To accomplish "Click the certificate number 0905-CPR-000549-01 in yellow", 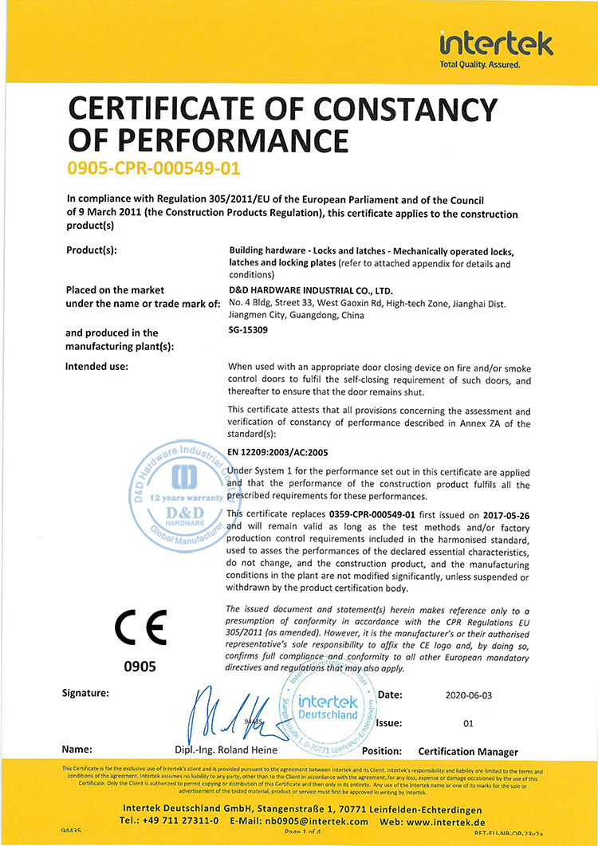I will (x=154, y=169).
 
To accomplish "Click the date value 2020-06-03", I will (x=470, y=695).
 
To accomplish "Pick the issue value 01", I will (x=468, y=724).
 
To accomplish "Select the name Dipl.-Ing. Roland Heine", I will (x=226, y=750).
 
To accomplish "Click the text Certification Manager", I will (x=467, y=751).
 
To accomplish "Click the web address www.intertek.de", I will (x=452, y=820).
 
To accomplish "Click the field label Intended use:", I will (x=96, y=367).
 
